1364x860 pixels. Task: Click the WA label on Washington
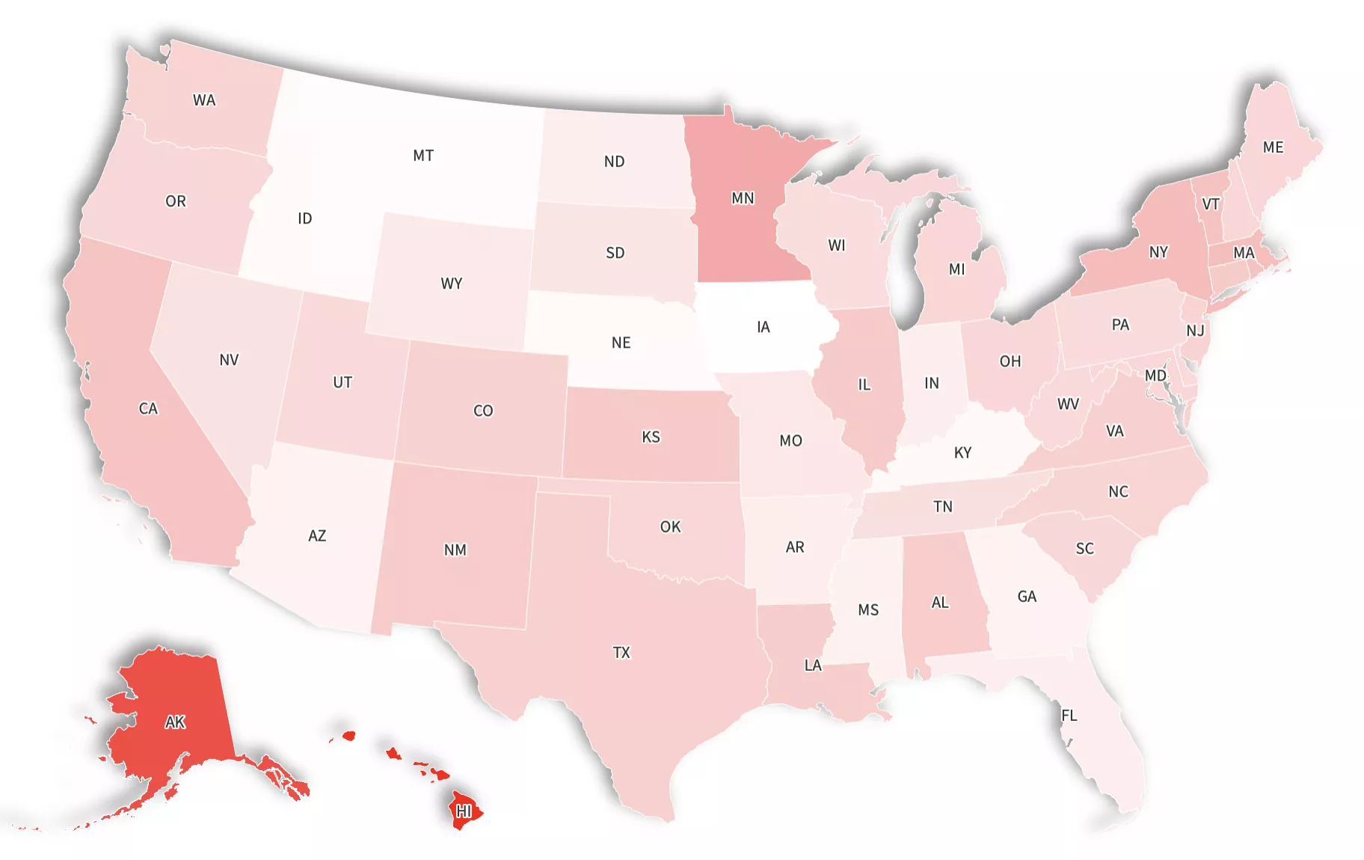point(204,100)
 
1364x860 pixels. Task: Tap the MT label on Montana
point(423,156)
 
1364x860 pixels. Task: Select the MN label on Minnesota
point(743,198)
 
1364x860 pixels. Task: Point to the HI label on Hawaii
point(464,811)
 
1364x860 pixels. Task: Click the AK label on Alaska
point(175,722)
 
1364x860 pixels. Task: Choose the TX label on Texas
point(621,653)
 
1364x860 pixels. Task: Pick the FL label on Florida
point(1069,716)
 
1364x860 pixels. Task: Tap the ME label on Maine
point(1273,147)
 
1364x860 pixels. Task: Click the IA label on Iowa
point(763,327)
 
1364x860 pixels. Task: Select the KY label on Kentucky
point(962,452)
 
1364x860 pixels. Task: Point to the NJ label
point(1195,331)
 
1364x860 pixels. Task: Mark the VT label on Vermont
point(1211,204)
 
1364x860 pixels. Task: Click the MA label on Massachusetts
point(1244,253)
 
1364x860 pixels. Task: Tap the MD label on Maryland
point(1155,375)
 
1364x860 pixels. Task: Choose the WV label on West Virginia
point(1068,404)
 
